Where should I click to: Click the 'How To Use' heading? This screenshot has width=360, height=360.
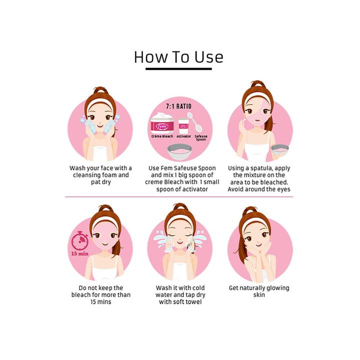178,57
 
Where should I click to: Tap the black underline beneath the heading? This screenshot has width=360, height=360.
178,68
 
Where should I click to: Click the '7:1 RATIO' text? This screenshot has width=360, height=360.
178,106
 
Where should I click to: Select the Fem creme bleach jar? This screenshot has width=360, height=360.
162,123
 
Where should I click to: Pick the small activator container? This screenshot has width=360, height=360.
183,126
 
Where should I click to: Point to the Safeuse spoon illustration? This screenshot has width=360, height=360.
194,121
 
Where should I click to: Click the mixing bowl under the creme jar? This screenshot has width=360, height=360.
179,152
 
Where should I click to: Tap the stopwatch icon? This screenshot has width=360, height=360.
80,240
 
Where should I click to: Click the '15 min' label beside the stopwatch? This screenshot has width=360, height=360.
80,253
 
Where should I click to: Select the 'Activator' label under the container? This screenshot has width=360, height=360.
183,136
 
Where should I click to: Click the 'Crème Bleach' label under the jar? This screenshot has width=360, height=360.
162,136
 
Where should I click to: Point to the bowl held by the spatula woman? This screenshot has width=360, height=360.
280,150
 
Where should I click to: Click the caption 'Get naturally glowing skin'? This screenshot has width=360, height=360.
259,291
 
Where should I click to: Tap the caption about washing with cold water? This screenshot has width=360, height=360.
180,295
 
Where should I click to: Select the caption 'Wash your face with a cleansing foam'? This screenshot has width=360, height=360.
101,175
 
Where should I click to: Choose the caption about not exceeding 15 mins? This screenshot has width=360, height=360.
101,295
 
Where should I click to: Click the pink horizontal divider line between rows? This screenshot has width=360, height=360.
179,197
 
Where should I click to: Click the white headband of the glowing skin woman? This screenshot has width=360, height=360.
255,221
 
